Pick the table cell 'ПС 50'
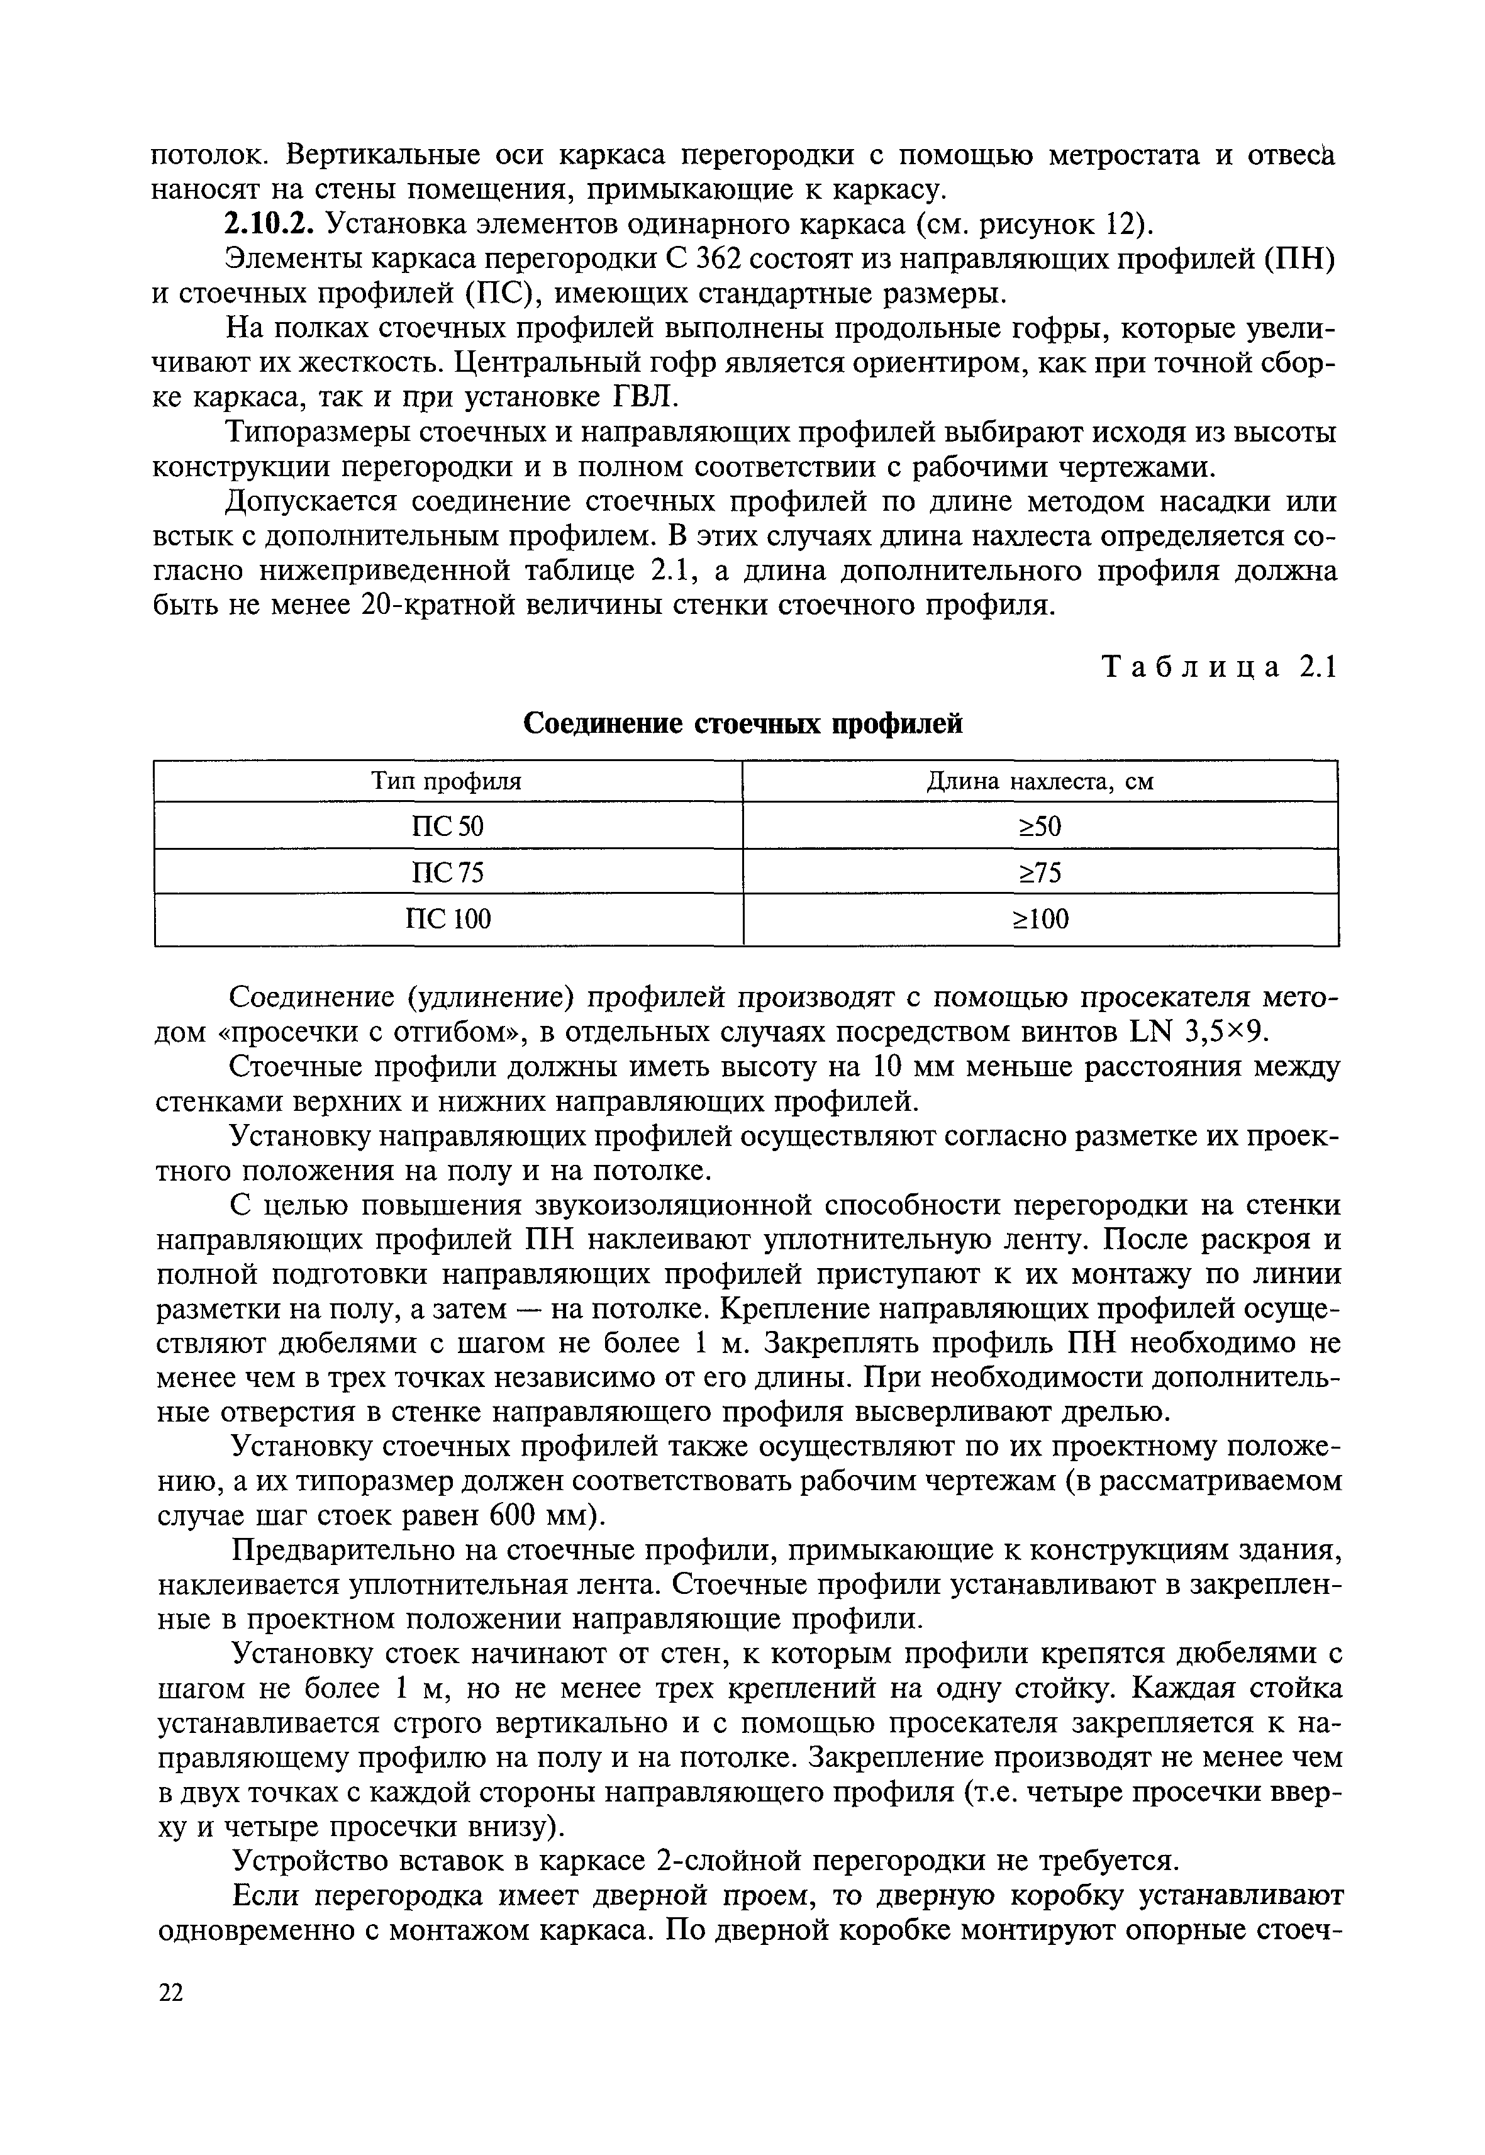point(448,825)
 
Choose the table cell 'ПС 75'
point(448,872)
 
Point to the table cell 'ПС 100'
point(448,920)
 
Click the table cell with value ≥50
point(1040,825)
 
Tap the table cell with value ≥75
point(1040,872)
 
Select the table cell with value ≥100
point(1040,920)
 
